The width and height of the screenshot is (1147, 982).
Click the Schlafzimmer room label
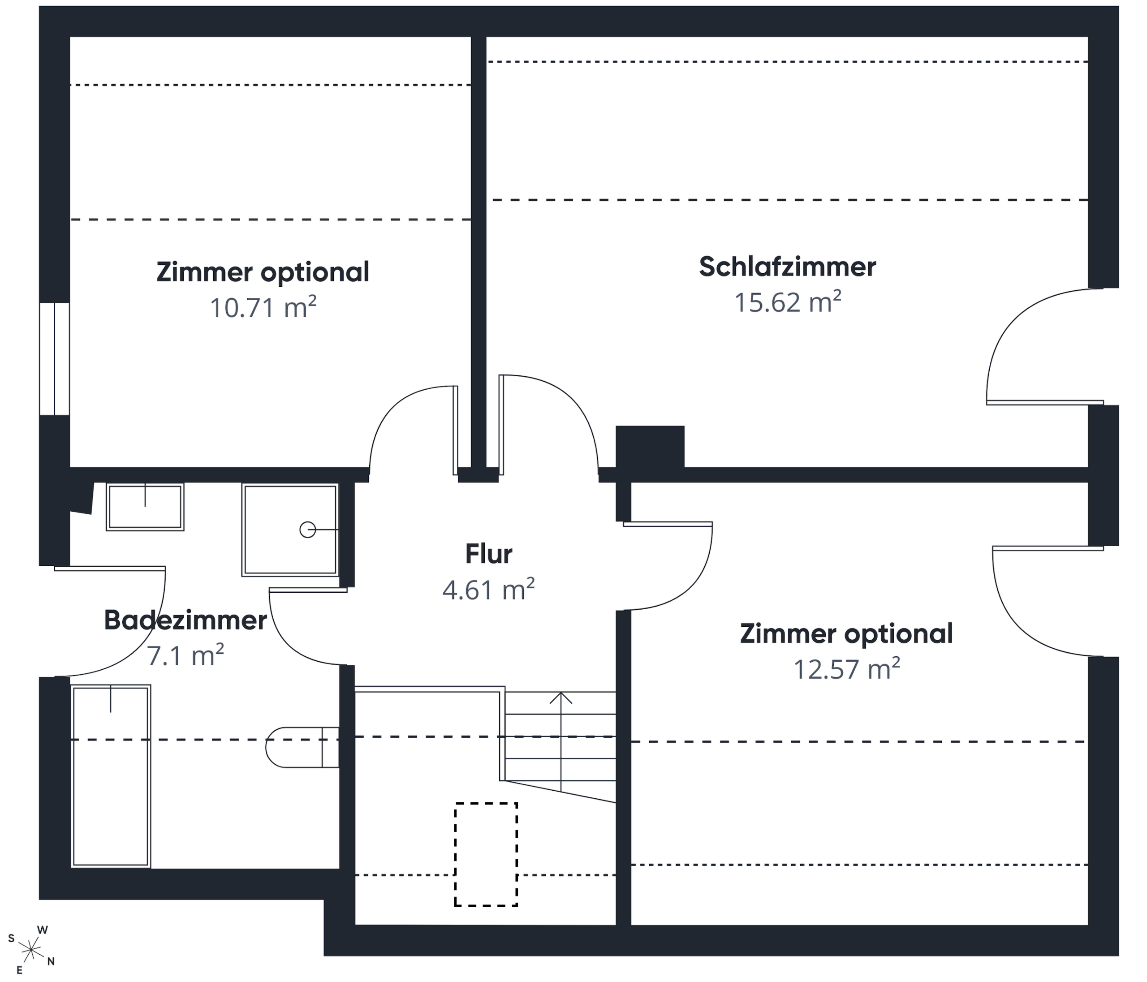(787, 267)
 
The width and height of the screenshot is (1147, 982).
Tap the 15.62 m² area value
(787, 302)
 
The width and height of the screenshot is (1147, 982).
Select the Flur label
(488, 554)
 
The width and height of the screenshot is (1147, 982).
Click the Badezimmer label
(185, 620)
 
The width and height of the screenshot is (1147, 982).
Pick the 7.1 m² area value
(185, 655)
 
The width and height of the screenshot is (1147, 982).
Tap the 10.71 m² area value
(263, 307)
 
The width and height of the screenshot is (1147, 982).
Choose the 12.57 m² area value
(846, 669)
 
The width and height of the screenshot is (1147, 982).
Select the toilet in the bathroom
(302, 747)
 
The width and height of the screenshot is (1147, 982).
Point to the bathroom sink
(145, 507)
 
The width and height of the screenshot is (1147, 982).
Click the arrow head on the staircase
(561, 698)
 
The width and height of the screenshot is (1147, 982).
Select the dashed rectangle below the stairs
(486, 854)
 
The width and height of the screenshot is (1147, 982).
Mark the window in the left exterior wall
(54, 359)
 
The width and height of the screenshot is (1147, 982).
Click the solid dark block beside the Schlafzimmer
(650, 447)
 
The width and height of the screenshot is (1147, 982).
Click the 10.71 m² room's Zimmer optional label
(263, 272)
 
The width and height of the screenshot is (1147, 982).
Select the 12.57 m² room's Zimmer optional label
(846, 634)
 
